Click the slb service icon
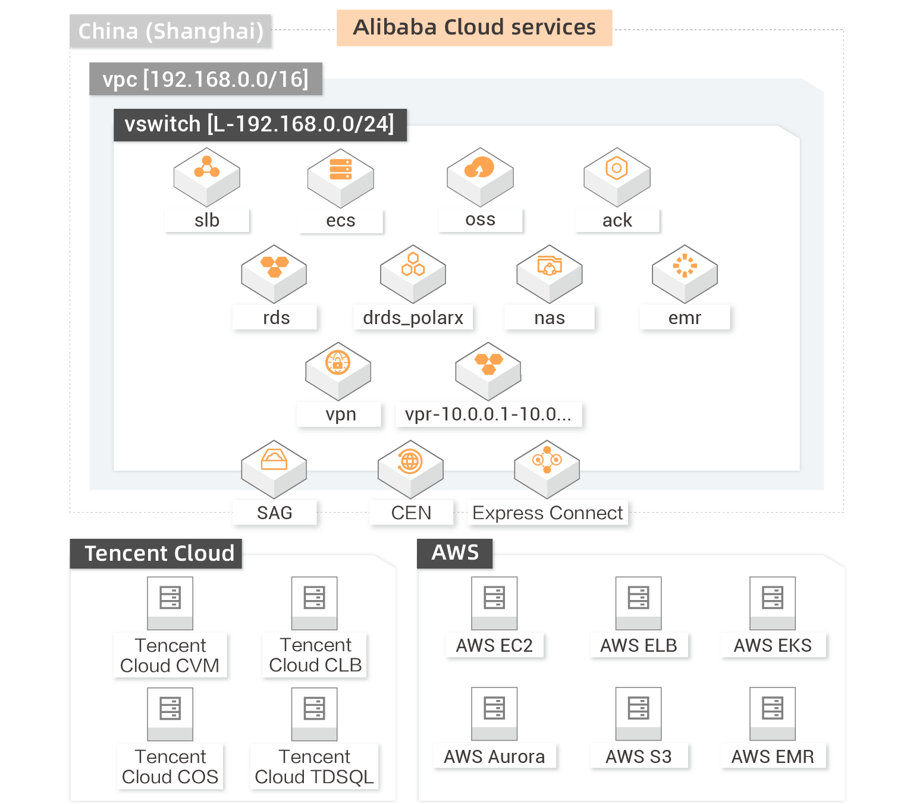(206, 177)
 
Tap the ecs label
(340, 221)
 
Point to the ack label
(617, 221)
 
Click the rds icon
(274, 274)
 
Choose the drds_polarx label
(413, 318)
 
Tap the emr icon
(685, 274)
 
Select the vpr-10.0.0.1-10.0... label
(488, 414)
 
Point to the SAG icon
(274, 469)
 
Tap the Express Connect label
(548, 513)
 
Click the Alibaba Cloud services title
(474, 27)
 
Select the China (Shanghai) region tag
(171, 31)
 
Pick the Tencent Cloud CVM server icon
(170, 603)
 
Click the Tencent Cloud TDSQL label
(314, 767)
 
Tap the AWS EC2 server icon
(494, 603)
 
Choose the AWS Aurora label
(494, 757)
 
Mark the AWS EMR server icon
(772, 714)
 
